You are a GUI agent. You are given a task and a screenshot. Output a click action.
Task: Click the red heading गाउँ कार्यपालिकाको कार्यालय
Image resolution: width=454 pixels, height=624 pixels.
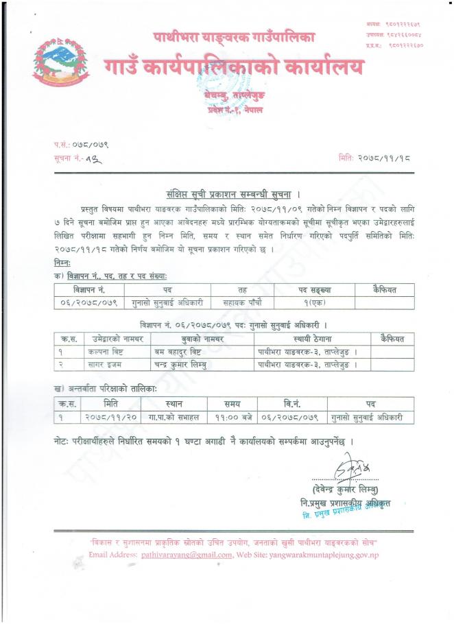coord(234,67)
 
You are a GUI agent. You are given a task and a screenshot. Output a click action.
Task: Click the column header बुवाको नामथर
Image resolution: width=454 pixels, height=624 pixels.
coord(202,339)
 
